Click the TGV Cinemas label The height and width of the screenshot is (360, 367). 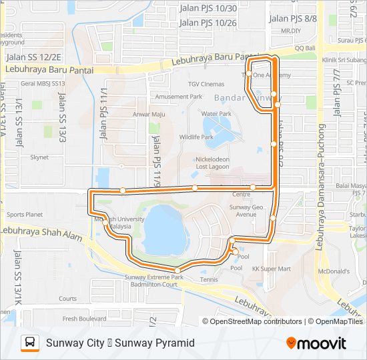(206, 84)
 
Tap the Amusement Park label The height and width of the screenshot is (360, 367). (178, 97)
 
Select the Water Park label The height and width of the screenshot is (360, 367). (216, 114)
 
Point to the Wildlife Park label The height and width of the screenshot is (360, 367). (196, 137)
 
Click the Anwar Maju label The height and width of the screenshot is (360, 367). (148, 114)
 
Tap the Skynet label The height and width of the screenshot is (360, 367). (39, 158)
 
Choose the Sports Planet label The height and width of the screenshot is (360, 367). (25, 215)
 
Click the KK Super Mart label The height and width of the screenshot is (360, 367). (271, 269)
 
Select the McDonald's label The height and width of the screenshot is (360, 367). (334, 271)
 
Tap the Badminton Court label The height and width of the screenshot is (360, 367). (154, 284)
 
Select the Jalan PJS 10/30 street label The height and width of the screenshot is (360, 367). (208, 8)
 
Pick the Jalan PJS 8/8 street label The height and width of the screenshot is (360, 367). (292, 19)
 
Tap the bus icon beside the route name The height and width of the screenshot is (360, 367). (30, 343)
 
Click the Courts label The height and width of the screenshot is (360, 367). (67, 299)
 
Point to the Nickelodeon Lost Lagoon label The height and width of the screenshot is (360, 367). (212, 163)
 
